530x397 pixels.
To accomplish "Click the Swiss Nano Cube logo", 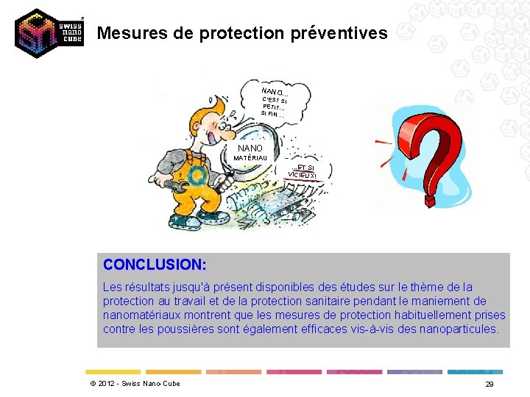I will point(48,33).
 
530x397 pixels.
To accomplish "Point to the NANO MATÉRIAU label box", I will point(250,152).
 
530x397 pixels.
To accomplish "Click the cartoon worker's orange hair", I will point(205,110).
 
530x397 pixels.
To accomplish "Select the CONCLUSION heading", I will point(155,264).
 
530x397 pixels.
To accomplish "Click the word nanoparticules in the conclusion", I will point(458,329).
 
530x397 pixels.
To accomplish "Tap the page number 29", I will point(489,385).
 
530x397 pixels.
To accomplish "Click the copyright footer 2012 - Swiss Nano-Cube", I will point(134,384).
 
